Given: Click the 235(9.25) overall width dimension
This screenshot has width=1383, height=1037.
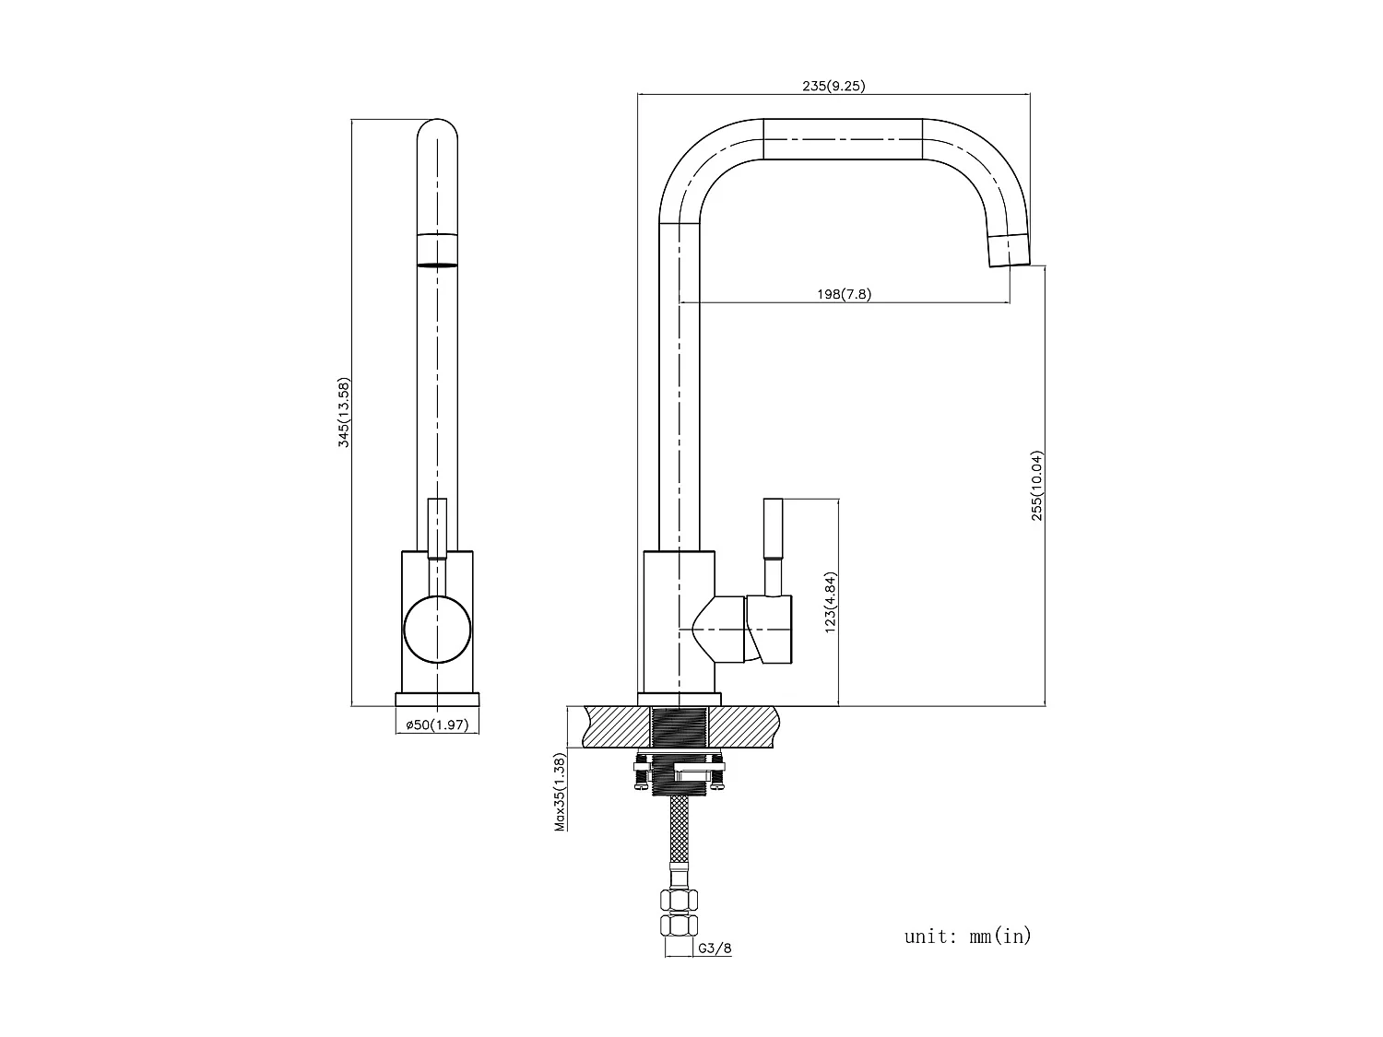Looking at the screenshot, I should point(833,86).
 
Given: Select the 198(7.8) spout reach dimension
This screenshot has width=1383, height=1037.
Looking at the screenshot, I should point(843,294).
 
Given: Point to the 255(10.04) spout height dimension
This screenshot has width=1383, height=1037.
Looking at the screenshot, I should point(1037,486).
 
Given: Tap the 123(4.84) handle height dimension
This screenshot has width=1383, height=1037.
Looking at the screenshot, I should point(830,602).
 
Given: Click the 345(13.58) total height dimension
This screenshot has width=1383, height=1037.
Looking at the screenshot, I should point(344,412).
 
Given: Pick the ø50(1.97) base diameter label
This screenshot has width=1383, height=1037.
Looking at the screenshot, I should point(437,725).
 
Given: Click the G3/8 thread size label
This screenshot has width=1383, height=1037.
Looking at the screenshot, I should point(715,948).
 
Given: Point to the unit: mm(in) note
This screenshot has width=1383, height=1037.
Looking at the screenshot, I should point(967,937).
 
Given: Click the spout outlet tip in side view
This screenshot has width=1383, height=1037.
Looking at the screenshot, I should point(1009,251).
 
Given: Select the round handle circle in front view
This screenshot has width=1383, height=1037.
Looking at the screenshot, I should point(437,629).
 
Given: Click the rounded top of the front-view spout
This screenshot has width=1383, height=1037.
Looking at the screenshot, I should point(437,134).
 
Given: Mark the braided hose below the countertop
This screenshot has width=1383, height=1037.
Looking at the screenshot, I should point(680,839).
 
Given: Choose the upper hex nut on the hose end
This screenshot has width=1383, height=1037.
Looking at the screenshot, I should point(680,901).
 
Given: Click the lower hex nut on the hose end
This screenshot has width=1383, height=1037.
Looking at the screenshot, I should point(680,925).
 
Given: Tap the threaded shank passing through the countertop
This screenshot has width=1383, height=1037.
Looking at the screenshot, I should point(680,728).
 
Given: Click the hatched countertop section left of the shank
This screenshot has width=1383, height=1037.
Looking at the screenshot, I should point(616,727).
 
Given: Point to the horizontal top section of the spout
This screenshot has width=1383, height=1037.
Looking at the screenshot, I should point(843,139).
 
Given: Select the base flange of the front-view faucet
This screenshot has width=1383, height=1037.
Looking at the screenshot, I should point(437,699).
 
